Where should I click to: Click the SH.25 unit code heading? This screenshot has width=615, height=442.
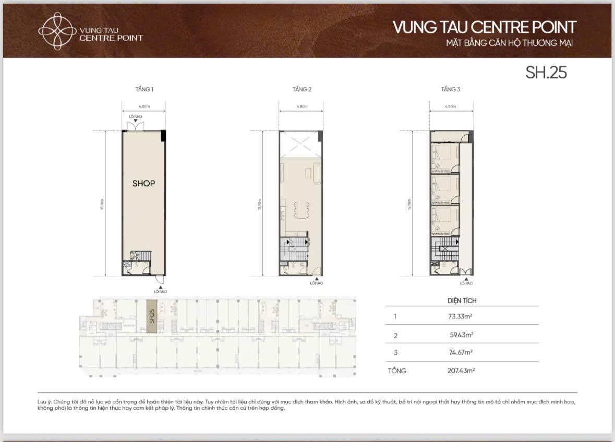click(x=546, y=73)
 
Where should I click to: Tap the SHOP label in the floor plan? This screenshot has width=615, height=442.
click(x=143, y=184)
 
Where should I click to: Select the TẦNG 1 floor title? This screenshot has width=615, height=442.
click(x=144, y=90)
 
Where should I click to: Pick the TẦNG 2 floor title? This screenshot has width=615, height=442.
click(x=302, y=90)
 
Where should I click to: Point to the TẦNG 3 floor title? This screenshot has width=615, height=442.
click(x=451, y=90)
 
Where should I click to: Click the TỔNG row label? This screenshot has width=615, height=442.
click(x=396, y=371)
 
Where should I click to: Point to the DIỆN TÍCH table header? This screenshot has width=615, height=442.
click(x=462, y=301)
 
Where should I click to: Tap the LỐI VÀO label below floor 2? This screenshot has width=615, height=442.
click(x=317, y=283)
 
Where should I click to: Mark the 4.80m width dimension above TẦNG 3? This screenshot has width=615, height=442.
click(x=451, y=106)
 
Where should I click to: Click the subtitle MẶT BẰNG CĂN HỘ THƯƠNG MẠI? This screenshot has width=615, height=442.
click(x=505, y=43)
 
